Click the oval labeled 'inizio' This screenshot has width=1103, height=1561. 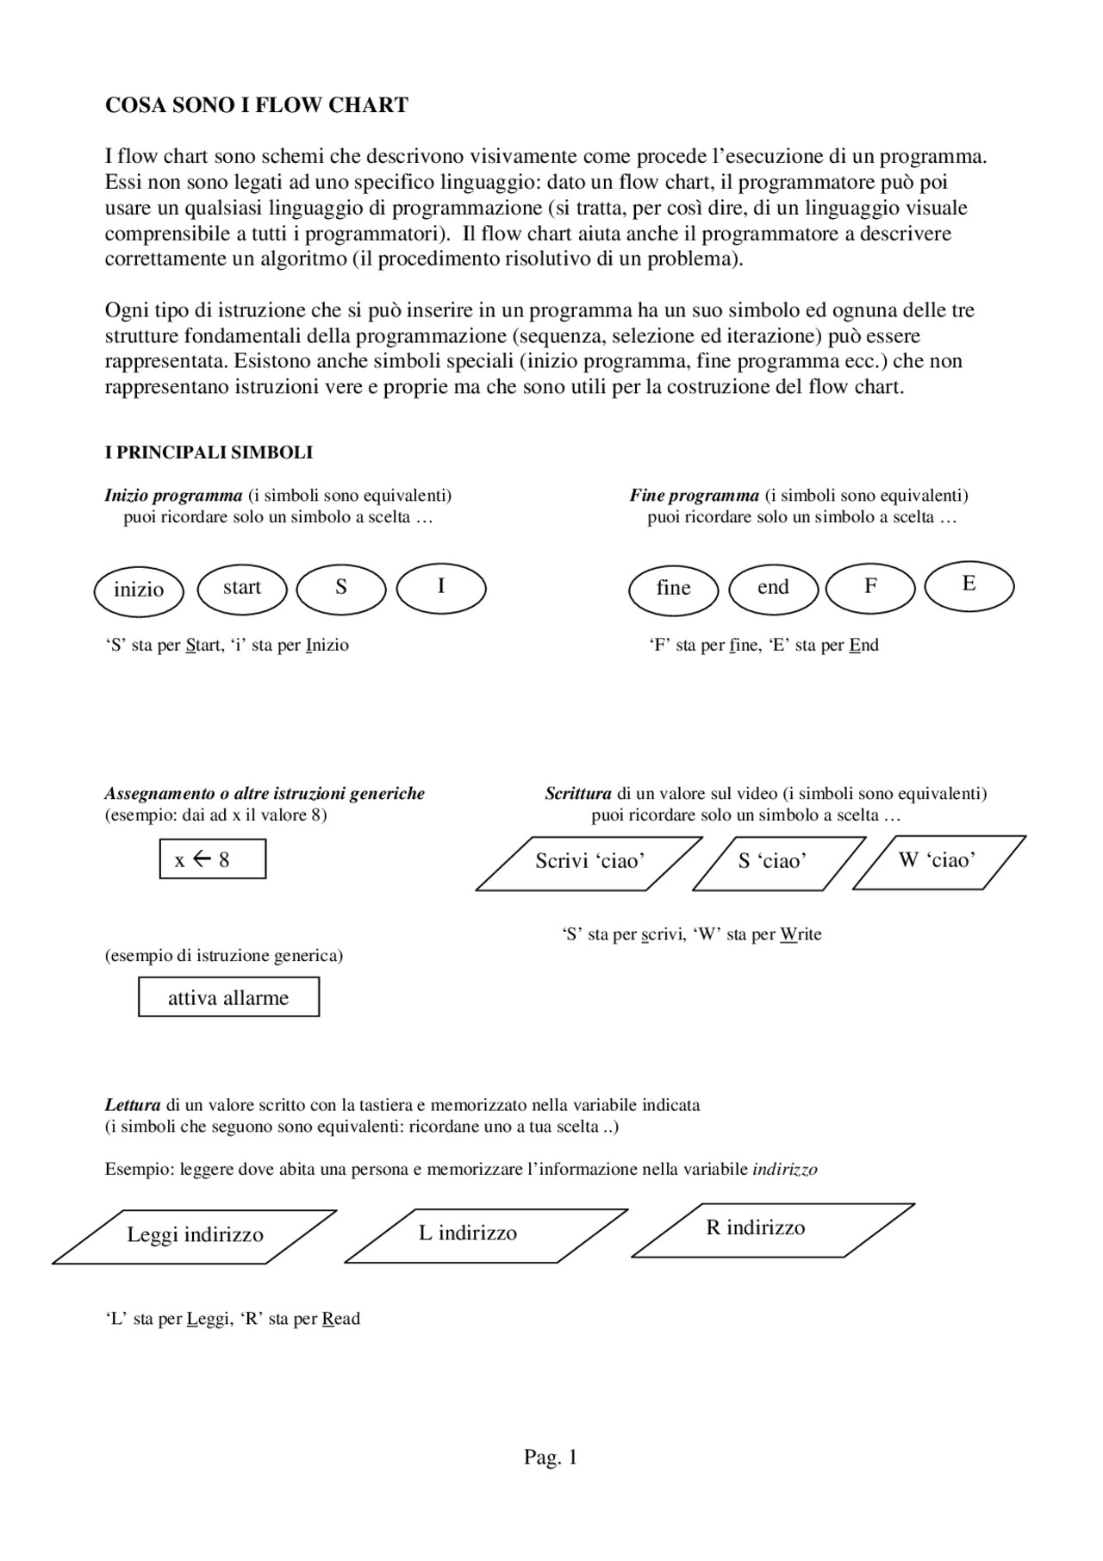139,590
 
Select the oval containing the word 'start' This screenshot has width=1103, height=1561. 242,588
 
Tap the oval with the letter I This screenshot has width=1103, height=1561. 441,587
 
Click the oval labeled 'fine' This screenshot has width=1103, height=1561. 674,589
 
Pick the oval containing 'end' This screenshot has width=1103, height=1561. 773,588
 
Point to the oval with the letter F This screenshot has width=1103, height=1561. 870,587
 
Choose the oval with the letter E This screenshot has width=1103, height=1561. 969,584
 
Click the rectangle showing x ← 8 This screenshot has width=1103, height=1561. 213,859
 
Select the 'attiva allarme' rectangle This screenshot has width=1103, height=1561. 228,997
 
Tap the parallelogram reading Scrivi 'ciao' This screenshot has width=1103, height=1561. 589,862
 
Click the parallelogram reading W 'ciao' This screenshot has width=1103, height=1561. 938,860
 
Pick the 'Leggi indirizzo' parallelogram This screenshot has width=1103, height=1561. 195,1235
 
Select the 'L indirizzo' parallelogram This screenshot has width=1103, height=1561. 486,1234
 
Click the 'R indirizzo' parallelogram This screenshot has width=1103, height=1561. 773,1229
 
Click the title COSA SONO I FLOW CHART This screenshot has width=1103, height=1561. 256,105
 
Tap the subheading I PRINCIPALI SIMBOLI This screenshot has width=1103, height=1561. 209,453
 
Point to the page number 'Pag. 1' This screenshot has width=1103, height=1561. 551,1458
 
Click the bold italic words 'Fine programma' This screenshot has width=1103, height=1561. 694,496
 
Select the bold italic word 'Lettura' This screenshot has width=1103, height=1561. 133,1105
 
